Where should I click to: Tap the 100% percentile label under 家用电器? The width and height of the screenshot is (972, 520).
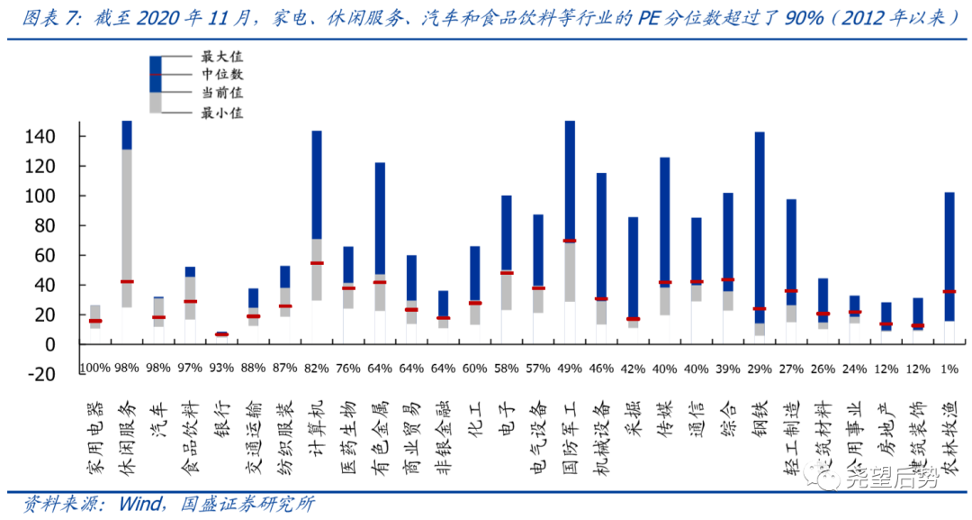[95, 369]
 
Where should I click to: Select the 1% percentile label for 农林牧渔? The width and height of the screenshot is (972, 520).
[949, 369]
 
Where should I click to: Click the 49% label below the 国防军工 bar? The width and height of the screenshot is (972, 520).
[570, 369]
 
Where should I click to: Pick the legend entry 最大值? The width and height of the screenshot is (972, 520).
[221, 57]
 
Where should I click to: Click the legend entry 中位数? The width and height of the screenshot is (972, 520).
[221, 75]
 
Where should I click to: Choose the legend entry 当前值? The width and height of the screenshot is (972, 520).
[221, 93]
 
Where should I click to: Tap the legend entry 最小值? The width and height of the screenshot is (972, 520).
[221, 113]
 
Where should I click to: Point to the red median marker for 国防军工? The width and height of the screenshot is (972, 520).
[570, 241]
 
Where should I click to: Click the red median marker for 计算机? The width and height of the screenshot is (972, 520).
[317, 263]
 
